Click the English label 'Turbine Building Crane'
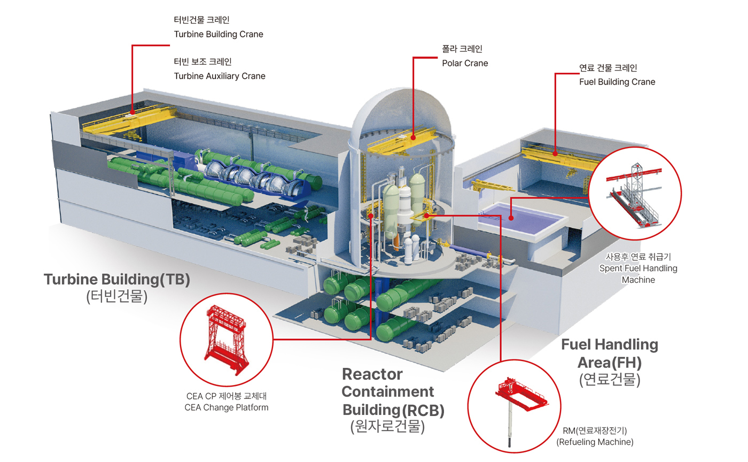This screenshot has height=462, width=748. click(219, 34)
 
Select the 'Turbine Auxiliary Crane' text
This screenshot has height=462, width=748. click(220, 76)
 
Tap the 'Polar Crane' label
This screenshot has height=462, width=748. click(465, 63)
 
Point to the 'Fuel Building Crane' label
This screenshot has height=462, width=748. click(617, 82)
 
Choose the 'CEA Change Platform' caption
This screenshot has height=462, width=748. click(227, 407)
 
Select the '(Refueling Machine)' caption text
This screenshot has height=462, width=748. click(595, 442)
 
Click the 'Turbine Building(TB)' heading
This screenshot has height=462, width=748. click(117, 280)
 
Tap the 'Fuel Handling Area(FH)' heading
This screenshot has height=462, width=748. click(610, 353)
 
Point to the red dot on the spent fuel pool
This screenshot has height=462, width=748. click(511, 218)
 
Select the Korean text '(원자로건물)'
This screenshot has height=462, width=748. click(387, 427)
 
